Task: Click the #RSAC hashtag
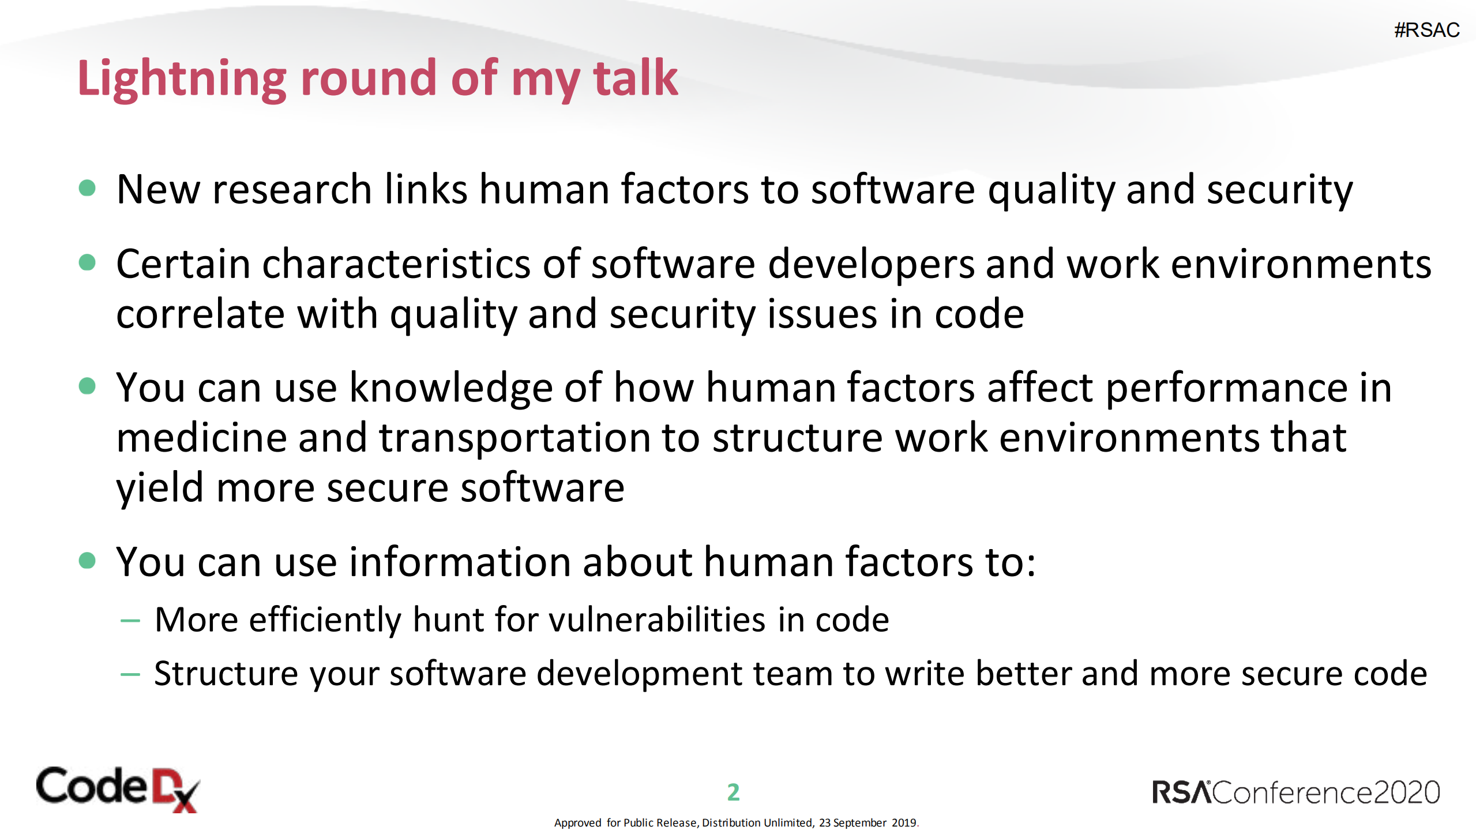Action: coord(1426,30)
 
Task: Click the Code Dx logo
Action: coord(118,788)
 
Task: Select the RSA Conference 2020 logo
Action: coord(1295,793)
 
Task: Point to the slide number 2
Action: coord(733,792)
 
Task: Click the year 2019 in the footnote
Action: coord(903,823)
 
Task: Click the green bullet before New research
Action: coord(87,188)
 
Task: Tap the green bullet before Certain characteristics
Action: coord(87,262)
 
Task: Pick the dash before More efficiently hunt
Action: coord(130,621)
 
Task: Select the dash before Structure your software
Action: coord(130,674)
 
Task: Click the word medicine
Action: coord(201,438)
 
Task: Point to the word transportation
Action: coord(513,438)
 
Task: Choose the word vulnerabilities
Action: coord(657,620)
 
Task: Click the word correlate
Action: coord(200,314)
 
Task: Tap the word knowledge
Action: coord(451,388)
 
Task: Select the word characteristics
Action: coord(396,265)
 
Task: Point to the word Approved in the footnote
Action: coord(577,823)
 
